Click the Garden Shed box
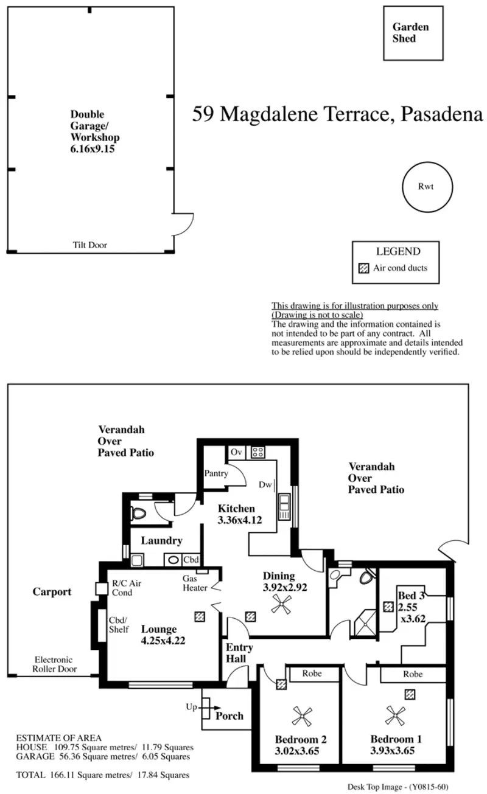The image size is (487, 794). click(x=413, y=33)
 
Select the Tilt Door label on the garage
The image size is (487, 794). click(x=89, y=245)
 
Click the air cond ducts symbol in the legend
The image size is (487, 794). click(x=363, y=268)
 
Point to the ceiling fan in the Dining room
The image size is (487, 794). click(x=282, y=604)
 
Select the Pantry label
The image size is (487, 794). click(x=216, y=473)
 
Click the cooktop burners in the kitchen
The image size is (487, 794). click(x=258, y=452)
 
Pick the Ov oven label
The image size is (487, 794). click(x=236, y=452)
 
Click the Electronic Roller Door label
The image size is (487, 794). click(x=54, y=664)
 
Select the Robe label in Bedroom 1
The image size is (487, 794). click(x=413, y=674)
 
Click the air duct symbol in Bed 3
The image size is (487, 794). click(x=388, y=607)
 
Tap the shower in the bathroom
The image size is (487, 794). click(x=366, y=622)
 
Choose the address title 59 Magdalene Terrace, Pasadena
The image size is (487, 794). click(x=337, y=114)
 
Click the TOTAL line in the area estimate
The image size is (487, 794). click(x=102, y=775)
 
